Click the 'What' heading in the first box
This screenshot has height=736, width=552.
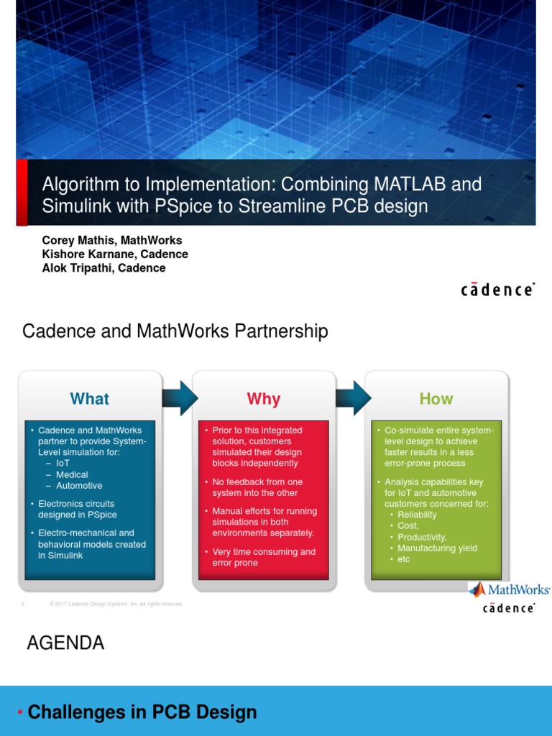(90, 399)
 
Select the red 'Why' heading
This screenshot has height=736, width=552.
(263, 399)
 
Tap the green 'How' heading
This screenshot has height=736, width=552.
(436, 398)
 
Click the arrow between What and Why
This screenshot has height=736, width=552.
(180, 397)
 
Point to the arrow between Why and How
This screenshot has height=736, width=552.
(353, 397)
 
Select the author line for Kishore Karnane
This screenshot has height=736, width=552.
(115, 254)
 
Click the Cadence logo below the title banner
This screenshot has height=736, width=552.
(497, 290)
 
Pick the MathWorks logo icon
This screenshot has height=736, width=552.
(477, 590)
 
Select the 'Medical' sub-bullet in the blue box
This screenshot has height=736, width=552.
(72, 474)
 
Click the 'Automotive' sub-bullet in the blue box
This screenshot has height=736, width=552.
(79, 485)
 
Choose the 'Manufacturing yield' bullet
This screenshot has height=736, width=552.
(437, 548)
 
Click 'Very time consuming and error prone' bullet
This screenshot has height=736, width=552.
(264, 557)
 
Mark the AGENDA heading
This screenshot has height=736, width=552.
(65, 643)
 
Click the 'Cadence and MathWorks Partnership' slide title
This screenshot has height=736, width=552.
(175, 331)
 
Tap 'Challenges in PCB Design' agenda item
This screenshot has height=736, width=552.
(142, 712)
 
